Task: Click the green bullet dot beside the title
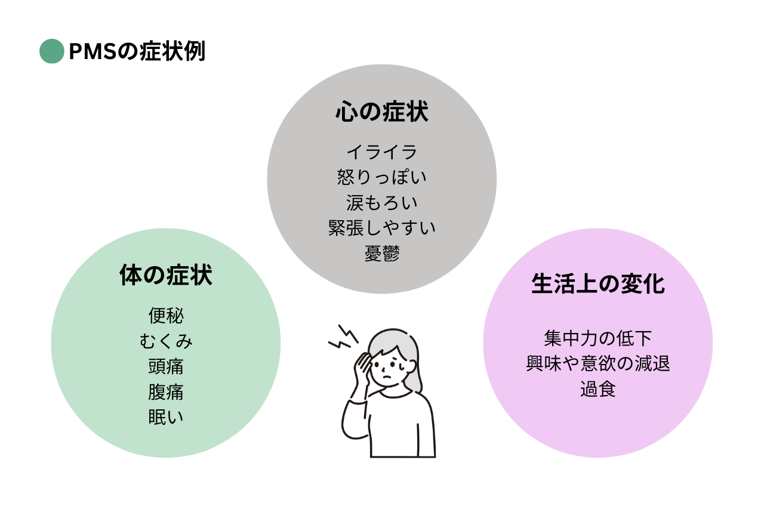pyautogui.click(x=52, y=51)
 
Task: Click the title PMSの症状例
pyautogui.click(x=137, y=51)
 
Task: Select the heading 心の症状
pyautogui.click(x=381, y=111)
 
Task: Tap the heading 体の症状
pyautogui.click(x=166, y=274)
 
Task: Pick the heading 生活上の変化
pyautogui.click(x=598, y=283)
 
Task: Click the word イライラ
pyautogui.click(x=381, y=152)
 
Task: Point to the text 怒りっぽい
pyautogui.click(x=381, y=177)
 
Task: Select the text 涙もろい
pyautogui.click(x=381, y=203)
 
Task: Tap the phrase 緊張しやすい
pyautogui.click(x=381, y=228)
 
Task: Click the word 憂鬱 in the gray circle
pyautogui.click(x=381, y=254)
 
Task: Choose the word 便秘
pyautogui.click(x=166, y=315)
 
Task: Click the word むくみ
pyautogui.click(x=166, y=341)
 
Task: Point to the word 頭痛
pyautogui.click(x=166, y=366)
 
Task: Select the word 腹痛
pyautogui.click(x=166, y=391)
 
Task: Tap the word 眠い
pyautogui.click(x=166, y=417)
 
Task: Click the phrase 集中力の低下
pyautogui.click(x=598, y=338)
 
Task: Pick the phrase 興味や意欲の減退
pyautogui.click(x=598, y=363)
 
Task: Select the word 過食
pyautogui.click(x=598, y=389)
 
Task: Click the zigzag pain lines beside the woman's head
pyautogui.click(x=343, y=338)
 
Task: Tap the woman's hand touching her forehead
pyautogui.click(x=362, y=366)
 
